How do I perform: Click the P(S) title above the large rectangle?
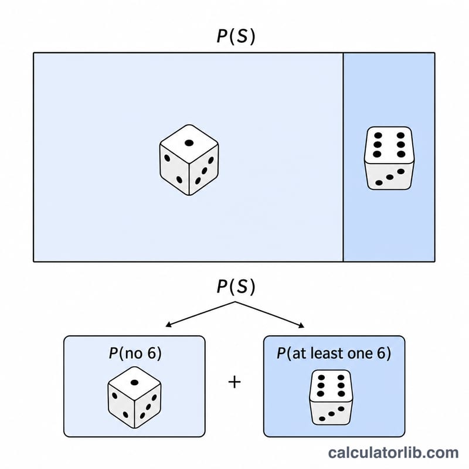point(236,36)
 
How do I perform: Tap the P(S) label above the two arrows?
point(236,287)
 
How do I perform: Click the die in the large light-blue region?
point(189,159)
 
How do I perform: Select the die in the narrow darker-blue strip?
point(389,158)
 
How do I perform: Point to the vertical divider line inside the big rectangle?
point(344,157)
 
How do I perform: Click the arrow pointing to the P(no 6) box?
point(200,314)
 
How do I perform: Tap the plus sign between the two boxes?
point(235,382)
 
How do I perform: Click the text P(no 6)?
point(135,354)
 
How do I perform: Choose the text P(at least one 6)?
point(334,354)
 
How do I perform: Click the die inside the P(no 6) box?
point(135,397)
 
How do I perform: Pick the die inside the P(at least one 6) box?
point(331,397)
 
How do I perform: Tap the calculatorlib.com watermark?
point(393,453)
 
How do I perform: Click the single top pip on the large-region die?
point(189,143)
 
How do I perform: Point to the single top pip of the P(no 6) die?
point(135,382)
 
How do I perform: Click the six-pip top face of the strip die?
point(389,145)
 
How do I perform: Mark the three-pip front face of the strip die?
point(389,176)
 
